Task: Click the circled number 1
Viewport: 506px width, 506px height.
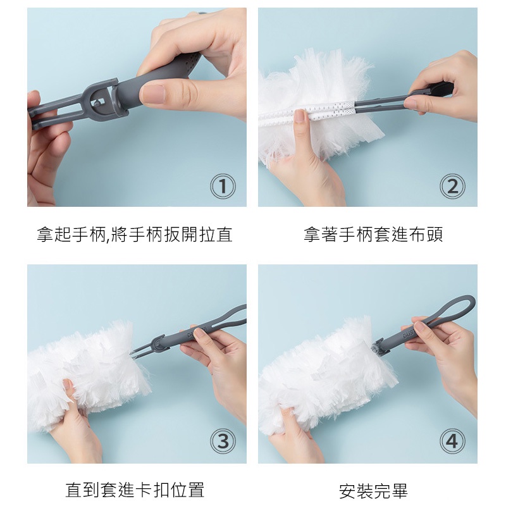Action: (223, 186)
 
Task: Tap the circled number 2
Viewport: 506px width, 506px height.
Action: (452, 186)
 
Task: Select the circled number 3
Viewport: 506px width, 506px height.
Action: (223, 441)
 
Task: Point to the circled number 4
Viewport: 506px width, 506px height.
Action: (452, 441)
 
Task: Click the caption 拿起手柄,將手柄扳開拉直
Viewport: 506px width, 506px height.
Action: (135, 234)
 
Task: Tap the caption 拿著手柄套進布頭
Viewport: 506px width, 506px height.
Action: (373, 234)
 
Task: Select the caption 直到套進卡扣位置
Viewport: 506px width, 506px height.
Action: (135, 490)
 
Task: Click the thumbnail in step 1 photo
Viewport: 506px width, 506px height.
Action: (153, 95)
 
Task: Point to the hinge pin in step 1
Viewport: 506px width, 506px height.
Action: (97, 103)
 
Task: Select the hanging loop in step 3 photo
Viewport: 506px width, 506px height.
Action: (226, 318)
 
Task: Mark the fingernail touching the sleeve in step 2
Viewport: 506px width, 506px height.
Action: (300, 116)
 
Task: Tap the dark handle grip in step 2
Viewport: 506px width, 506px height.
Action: (440, 88)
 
